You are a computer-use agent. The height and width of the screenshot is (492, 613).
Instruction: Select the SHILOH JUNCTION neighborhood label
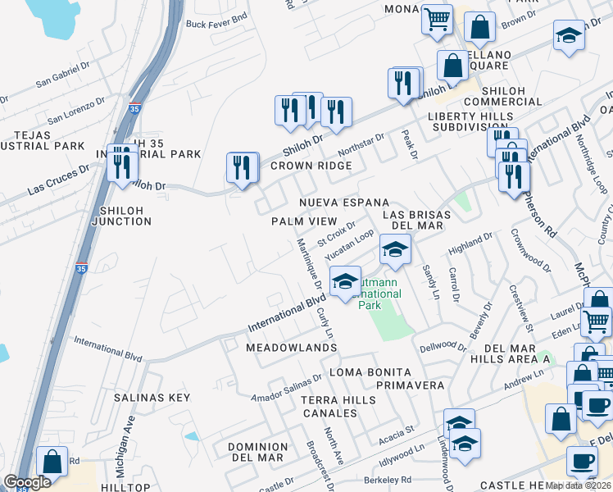point(122,216)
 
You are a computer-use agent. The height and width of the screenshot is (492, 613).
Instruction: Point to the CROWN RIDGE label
point(311,166)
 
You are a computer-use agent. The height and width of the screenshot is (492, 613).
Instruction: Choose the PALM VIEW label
point(303,221)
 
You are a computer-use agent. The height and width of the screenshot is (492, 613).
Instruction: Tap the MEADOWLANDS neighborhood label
point(292,348)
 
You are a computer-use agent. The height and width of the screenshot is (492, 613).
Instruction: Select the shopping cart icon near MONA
point(438,18)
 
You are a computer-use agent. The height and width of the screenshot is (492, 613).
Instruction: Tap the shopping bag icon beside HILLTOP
point(52,462)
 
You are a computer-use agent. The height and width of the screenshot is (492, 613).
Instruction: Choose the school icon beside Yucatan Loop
point(395,249)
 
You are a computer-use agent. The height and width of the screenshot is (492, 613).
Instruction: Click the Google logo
point(27,483)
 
